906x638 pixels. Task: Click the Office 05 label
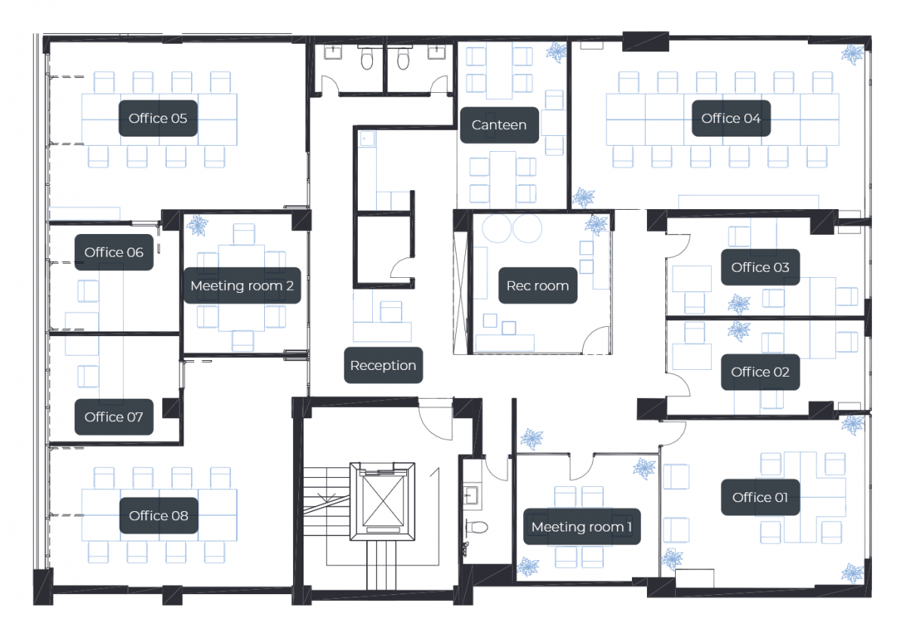(158, 118)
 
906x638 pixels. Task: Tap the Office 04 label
(731, 118)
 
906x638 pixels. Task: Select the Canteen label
(499, 125)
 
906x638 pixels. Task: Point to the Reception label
(383, 365)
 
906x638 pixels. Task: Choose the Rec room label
(538, 285)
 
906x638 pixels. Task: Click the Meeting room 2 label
(242, 285)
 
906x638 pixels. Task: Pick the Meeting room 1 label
(581, 527)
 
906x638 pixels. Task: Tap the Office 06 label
(114, 252)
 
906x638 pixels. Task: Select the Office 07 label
(114, 417)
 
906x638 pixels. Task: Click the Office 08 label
(159, 516)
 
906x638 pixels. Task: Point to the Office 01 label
(760, 498)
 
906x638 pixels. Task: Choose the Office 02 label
(760, 372)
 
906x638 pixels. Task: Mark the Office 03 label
(760, 267)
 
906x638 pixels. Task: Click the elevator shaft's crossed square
(383, 501)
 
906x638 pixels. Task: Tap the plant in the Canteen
(556, 53)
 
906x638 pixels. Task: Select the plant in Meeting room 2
(197, 225)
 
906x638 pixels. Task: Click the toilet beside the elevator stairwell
(477, 527)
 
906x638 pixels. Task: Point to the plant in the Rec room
(596, 224)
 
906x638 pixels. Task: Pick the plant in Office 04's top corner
(852, 54)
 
